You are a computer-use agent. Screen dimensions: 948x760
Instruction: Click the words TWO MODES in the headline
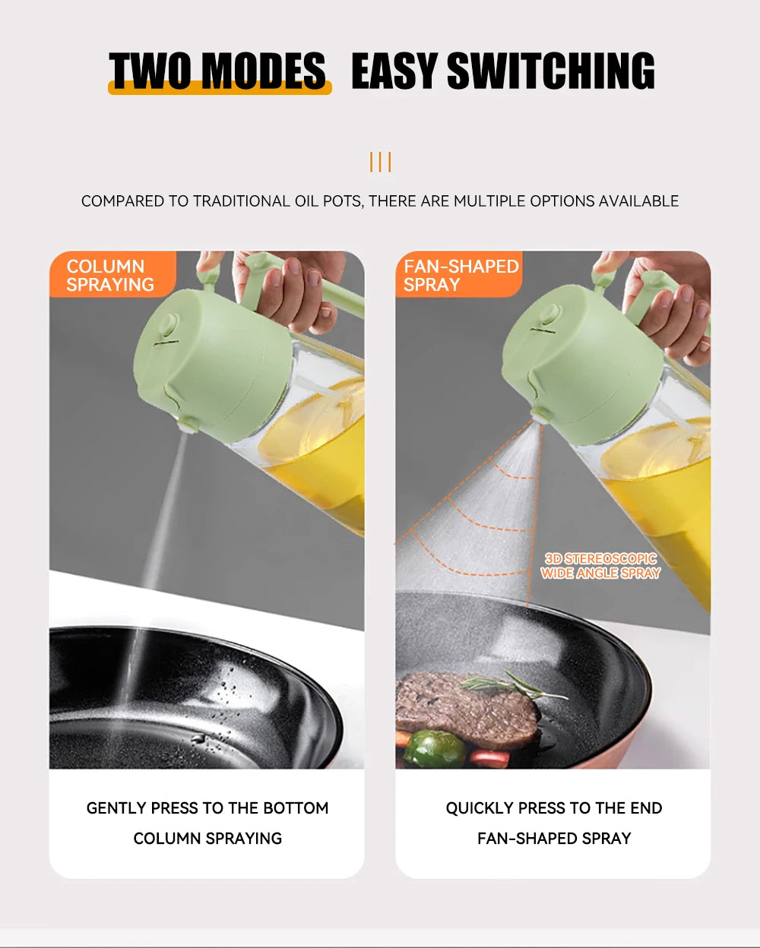(x=219, y=71)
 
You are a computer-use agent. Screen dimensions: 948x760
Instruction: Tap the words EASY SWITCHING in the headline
(x=502, y=71)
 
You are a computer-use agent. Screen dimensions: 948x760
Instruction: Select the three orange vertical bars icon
(x=380, y=162)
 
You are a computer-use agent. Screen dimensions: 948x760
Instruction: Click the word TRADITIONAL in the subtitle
(x=241, y=201)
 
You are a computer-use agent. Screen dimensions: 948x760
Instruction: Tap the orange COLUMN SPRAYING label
(x=111, y=275)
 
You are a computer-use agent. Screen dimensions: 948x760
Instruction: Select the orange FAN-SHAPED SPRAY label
(x=460, y=275)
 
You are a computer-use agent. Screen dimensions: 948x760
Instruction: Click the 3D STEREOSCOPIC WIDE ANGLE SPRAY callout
(x=600, y=566)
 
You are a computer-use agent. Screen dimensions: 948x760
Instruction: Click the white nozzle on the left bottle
(x=185, y=426)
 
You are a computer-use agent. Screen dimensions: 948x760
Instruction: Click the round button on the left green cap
(x=168, y=325)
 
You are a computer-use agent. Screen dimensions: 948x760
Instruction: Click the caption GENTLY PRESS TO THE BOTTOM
(x=207, y=808)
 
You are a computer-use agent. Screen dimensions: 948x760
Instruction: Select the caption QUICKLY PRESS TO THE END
(x=553, y=808)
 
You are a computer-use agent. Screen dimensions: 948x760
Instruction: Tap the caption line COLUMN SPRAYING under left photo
(x=207, y=839)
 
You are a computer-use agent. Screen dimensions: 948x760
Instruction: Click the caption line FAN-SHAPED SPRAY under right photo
(x=553, y=839)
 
